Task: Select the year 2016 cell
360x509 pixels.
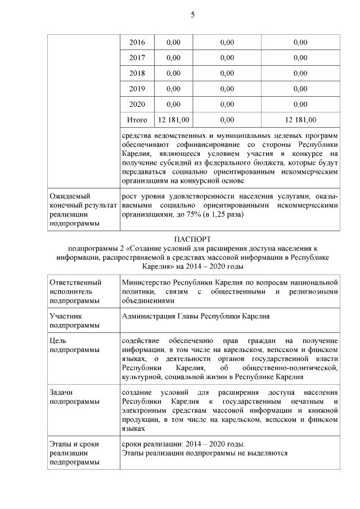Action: (x=137, y=42)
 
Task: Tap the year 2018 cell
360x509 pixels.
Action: (x=137, y=73)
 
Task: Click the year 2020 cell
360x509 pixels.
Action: (x=137, y=104)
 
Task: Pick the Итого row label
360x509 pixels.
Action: (x=137, y=120)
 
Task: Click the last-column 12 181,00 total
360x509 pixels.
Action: (x=300, y=120)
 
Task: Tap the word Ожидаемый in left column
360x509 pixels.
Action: (x=69, y=195)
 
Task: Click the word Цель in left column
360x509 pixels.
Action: (x=58, y=341)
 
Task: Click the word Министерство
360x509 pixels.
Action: (x=148, y=282)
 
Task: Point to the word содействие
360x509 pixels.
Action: (x=142, y=341)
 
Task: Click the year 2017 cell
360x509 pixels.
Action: (x=137, y=57)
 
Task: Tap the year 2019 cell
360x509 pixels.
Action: (x=137, y=89)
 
